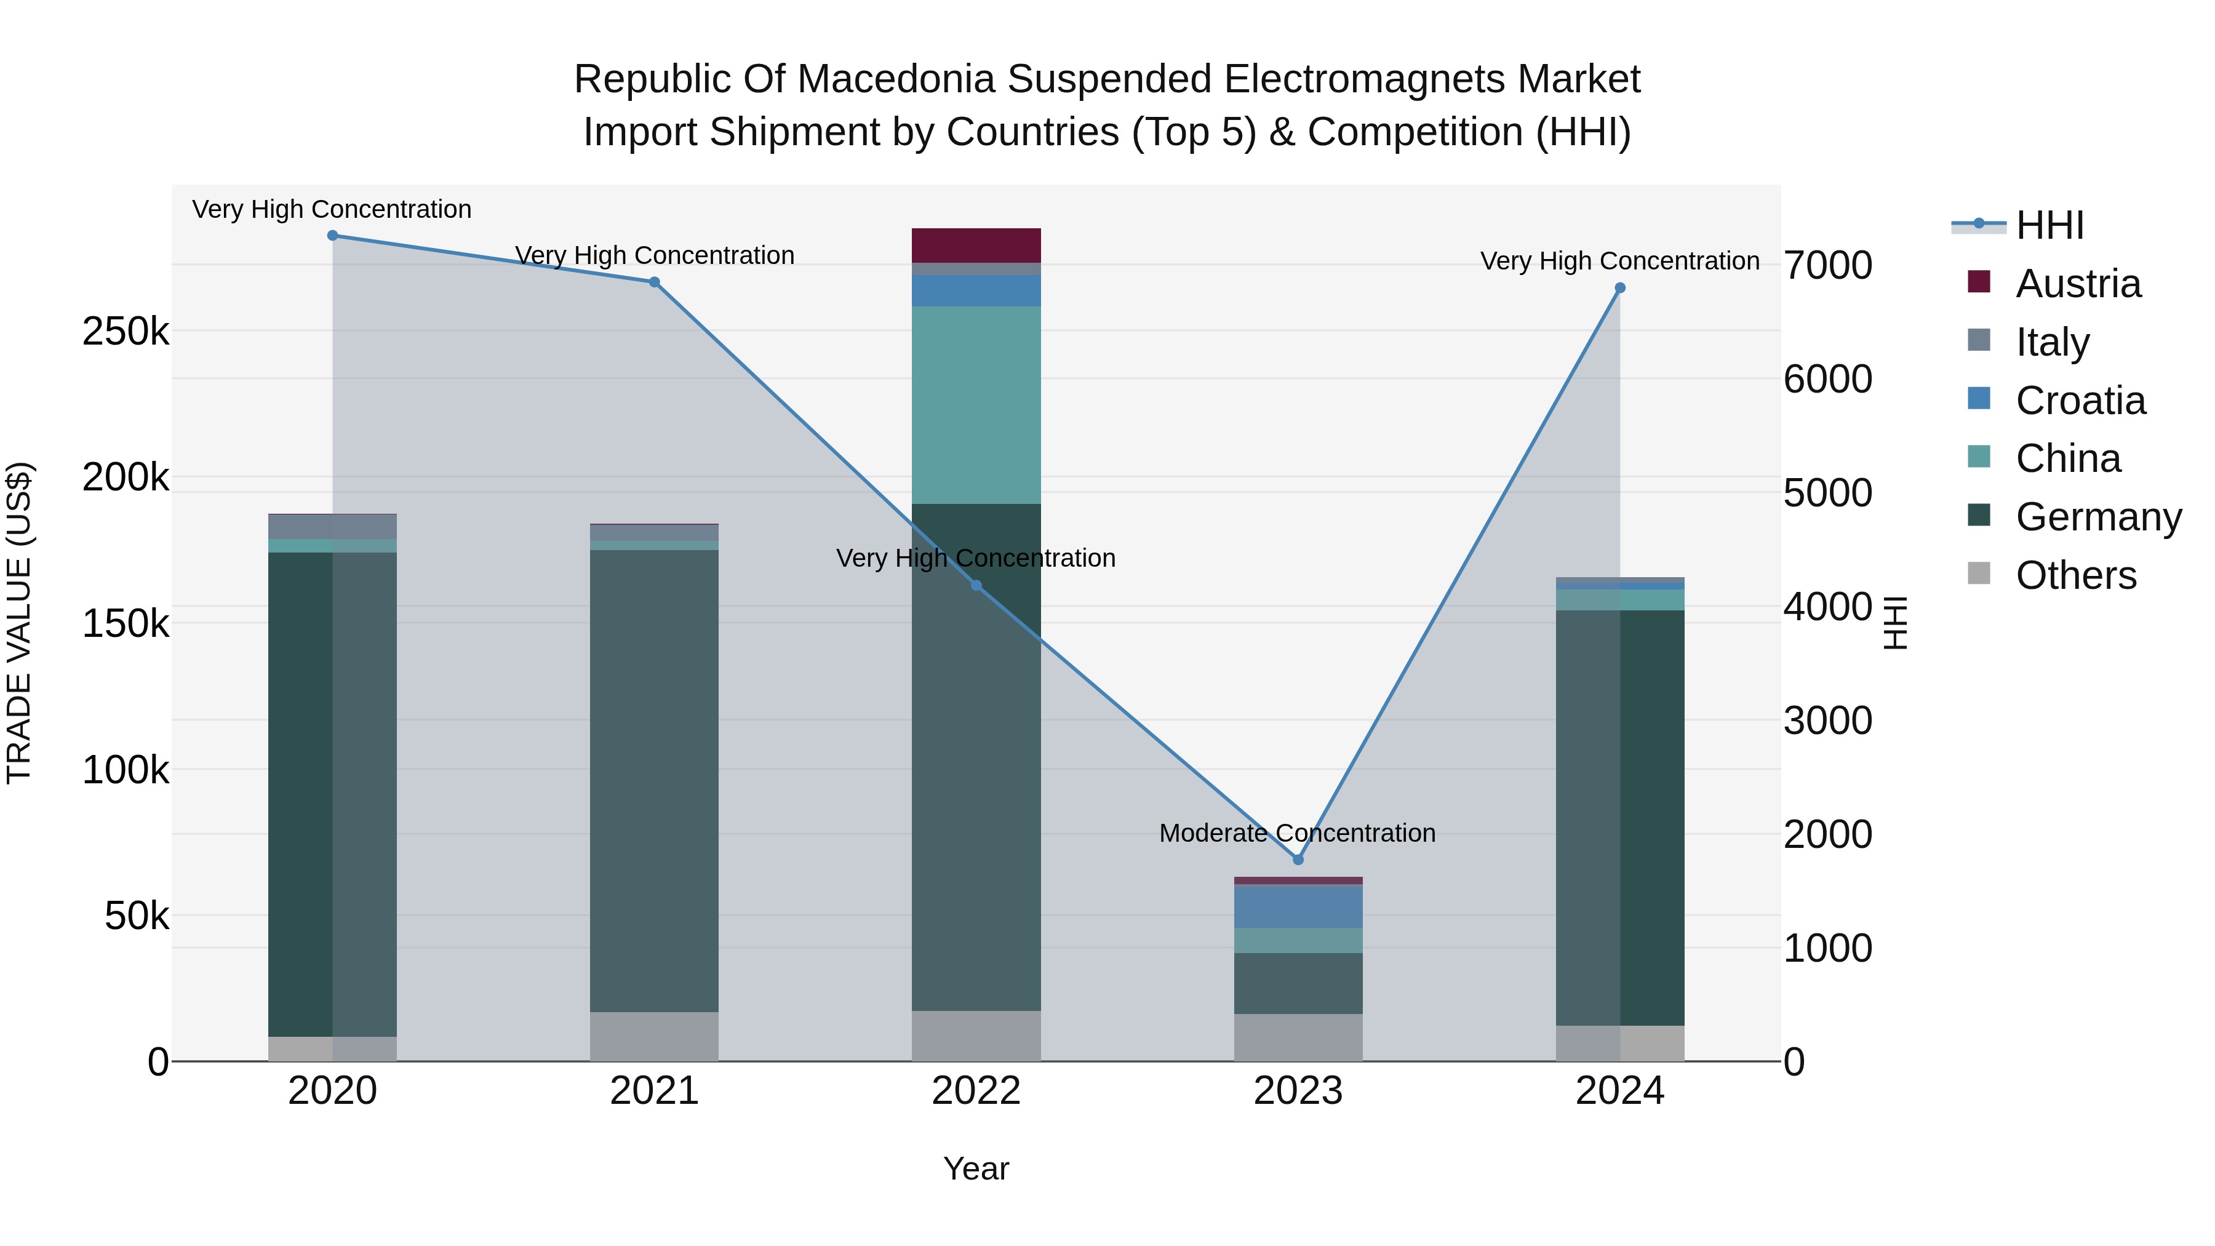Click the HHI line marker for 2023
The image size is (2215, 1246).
tap(1298, 859)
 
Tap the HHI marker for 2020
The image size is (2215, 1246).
tap(333, 236)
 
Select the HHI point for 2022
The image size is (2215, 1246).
tap(976, 586)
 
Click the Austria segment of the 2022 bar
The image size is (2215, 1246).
tap(976, 245)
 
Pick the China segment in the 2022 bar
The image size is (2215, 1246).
tap(976, 404)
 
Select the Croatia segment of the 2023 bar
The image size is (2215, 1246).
tap(1298, 906)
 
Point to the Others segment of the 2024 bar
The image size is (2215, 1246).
tap(1619, 1042)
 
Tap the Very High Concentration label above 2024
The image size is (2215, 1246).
tap(1619, 260)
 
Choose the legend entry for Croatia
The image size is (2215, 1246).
tap(2080, 401)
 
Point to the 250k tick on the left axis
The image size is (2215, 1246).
tap(126, 331)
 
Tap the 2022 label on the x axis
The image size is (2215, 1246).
tap(976, 1091)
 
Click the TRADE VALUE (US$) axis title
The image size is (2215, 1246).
tap(19, 623)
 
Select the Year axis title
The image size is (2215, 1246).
tap(976, 1168)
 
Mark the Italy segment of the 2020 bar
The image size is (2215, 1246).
tap(333, 526)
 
